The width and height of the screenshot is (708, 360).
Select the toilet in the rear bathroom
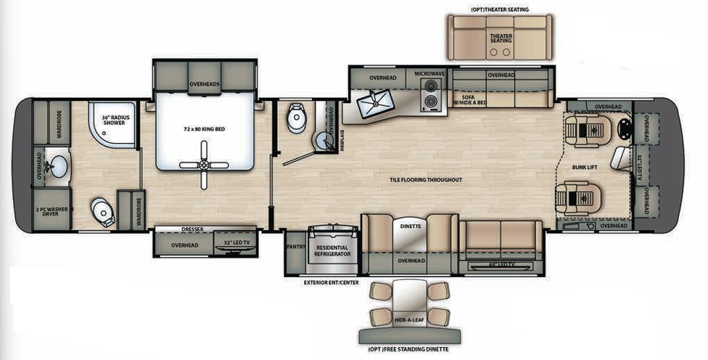tap(103, 212)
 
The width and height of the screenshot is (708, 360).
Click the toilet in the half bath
tap(296, 119)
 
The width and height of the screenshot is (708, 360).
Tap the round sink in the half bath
tap(321, 140)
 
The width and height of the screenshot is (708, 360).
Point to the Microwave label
tap(429, 74)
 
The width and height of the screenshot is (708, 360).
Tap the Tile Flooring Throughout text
tap(426, 179)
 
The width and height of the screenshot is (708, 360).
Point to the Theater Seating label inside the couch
tap(501, 38)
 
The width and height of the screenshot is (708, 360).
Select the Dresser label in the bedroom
tap(192, 229)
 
